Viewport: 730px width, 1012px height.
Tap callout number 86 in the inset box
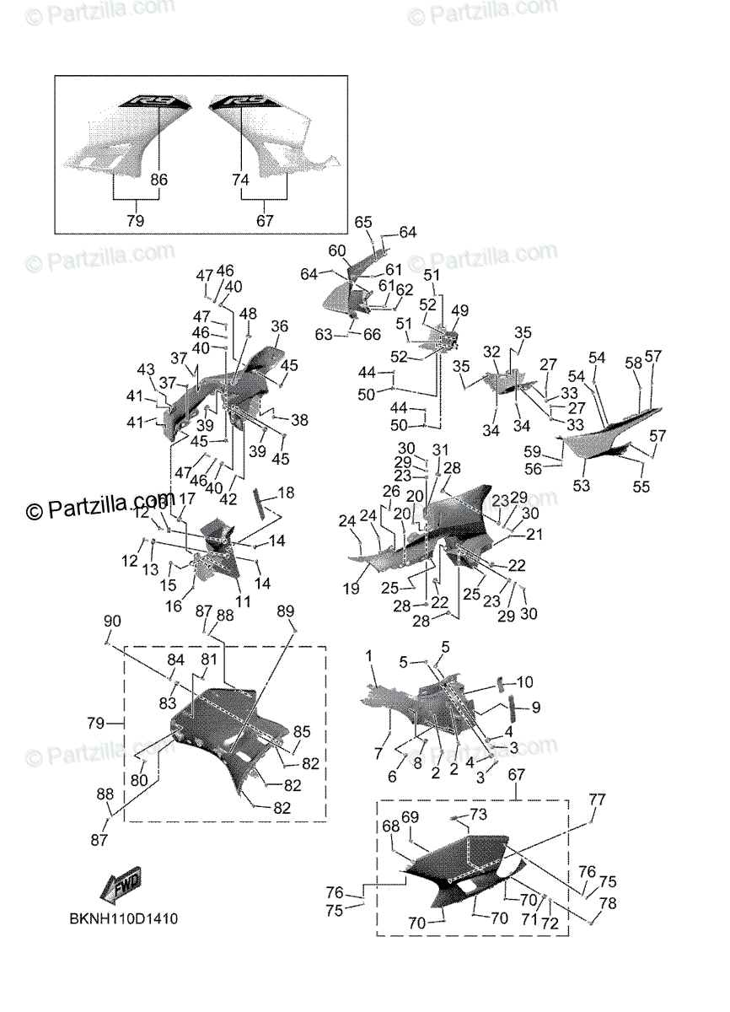click(x=158, y=180)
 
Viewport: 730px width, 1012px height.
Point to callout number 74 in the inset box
click(x=241, y=180)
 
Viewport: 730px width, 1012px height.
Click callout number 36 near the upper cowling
click(x=280, y=327)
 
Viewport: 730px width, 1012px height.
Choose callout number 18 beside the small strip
click(x=286, y=492)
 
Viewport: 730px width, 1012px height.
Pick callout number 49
click(x=459, y=311)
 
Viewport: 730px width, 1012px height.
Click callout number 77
click(x=597, y=799)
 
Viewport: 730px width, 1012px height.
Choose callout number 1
click(x=368, y=655)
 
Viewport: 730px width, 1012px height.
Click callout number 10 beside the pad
click(x=525, y=681)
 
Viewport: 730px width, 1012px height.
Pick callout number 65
click(x=362, y=222)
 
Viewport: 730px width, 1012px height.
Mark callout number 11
click(x=243, y=601)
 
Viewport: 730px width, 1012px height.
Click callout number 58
click(x=633, y=362)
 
